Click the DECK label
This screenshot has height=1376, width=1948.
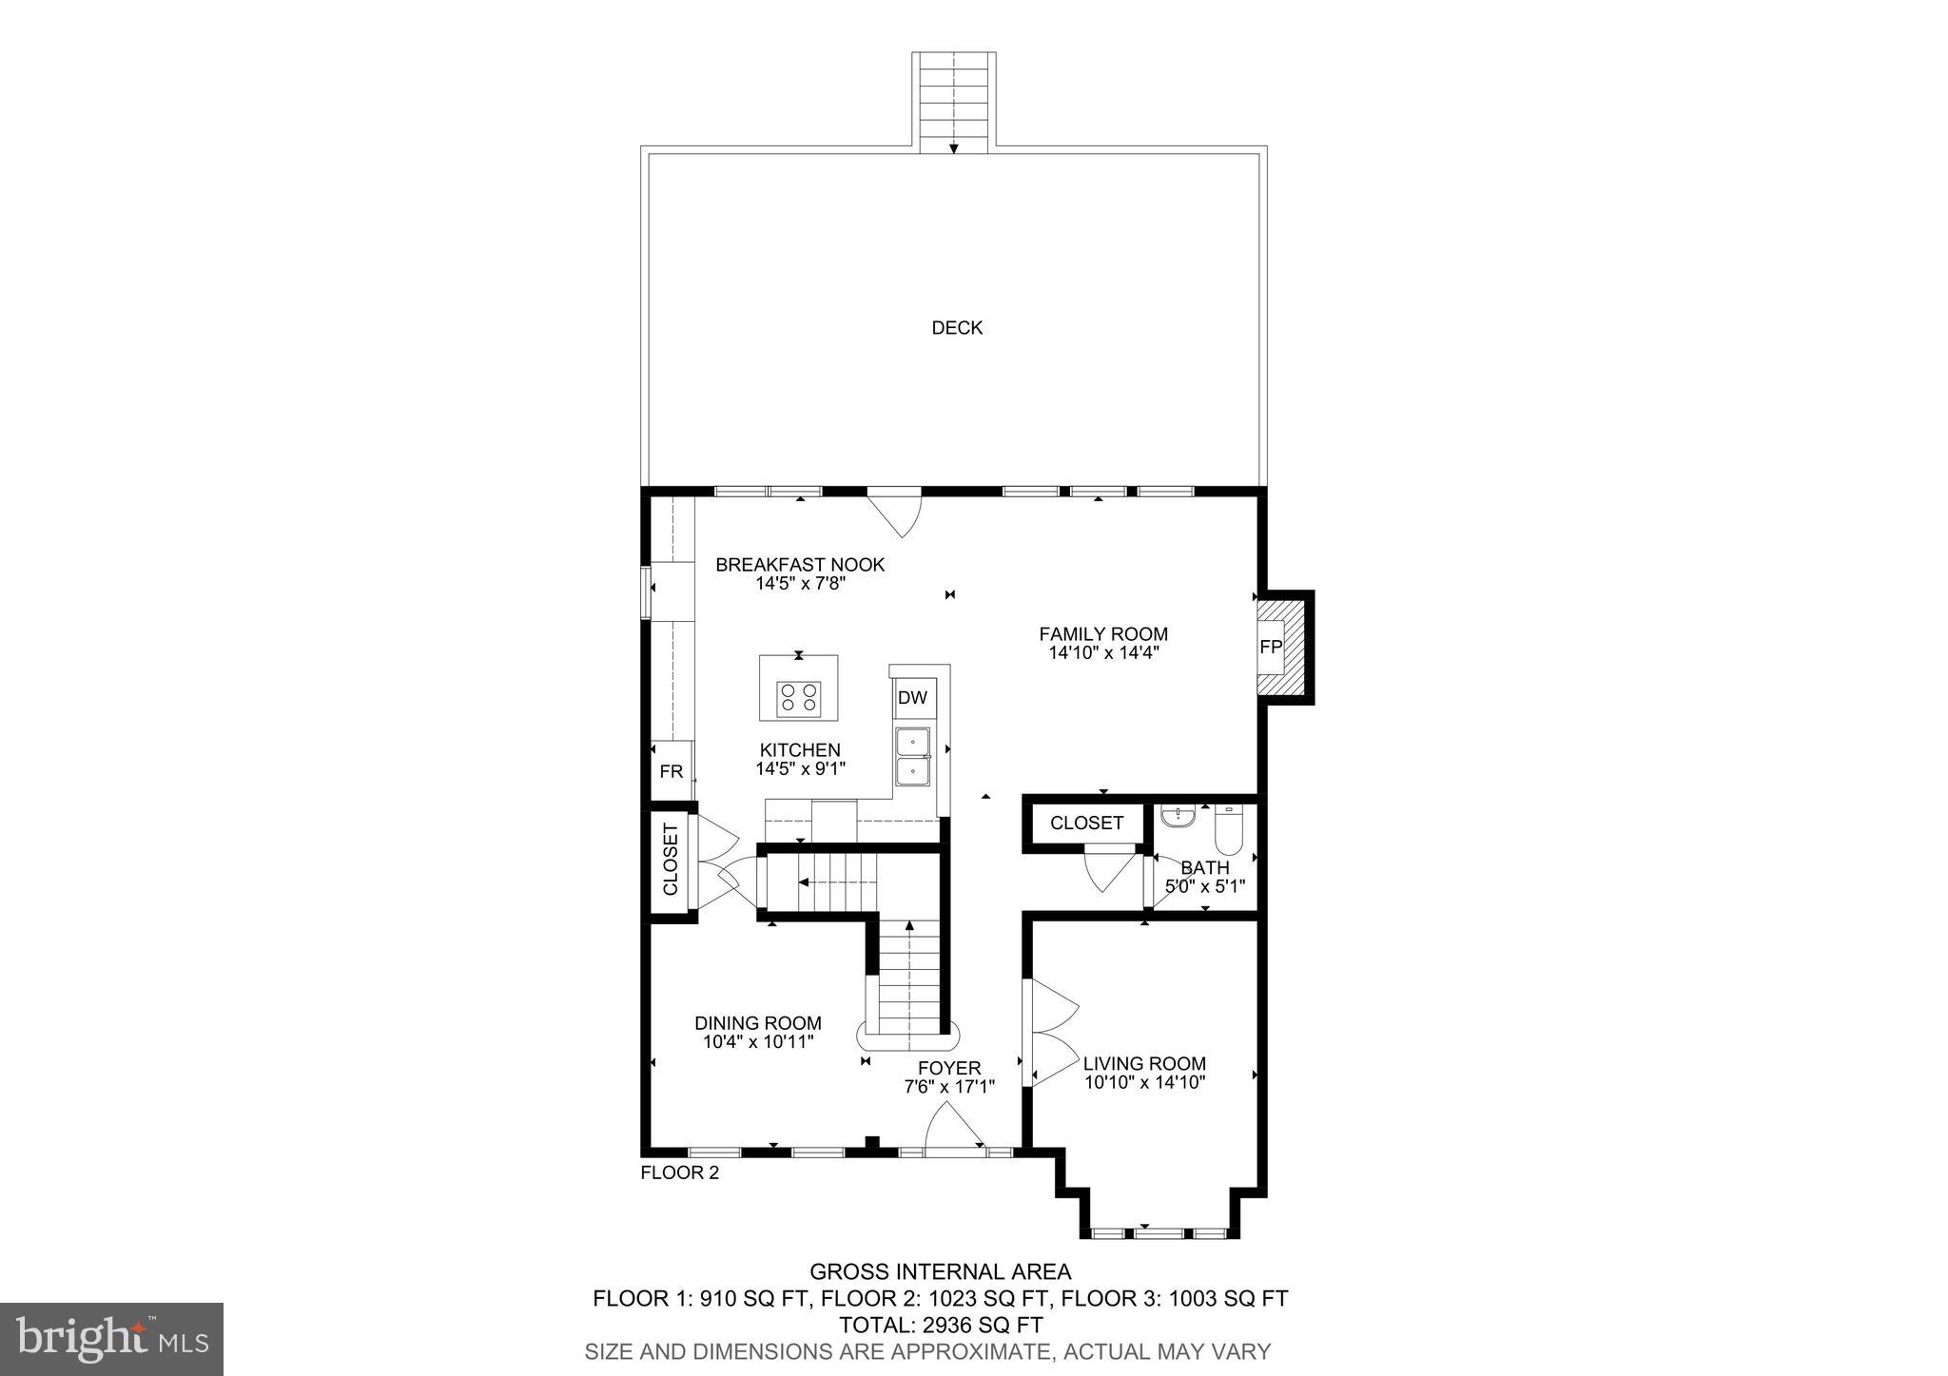(956, 328)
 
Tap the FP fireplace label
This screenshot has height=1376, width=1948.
(1270, 647)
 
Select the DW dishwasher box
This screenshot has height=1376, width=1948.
(912, 698)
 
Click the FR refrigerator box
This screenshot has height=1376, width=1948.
(671, 771)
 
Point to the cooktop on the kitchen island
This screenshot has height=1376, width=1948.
(799, 698)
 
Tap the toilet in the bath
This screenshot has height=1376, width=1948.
(1227, 832)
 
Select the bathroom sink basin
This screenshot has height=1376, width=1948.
(1178, 816)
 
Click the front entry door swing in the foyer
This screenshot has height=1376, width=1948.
(954, 1127)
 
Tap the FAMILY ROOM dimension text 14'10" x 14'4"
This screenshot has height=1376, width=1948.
(1103, 653)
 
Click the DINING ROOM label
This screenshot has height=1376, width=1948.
(757, 1023)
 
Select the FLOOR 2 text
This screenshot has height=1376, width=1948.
(679, 1173)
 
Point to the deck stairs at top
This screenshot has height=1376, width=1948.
(954, 100)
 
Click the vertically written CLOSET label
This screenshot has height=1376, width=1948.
(671, 860)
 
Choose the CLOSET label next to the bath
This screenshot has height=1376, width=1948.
(1086, 823)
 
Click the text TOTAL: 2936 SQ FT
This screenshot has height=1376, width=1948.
(940, 1325)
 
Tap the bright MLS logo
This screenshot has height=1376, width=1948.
(111, 1339)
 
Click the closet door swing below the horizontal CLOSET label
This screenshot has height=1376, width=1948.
(1108, 870)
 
